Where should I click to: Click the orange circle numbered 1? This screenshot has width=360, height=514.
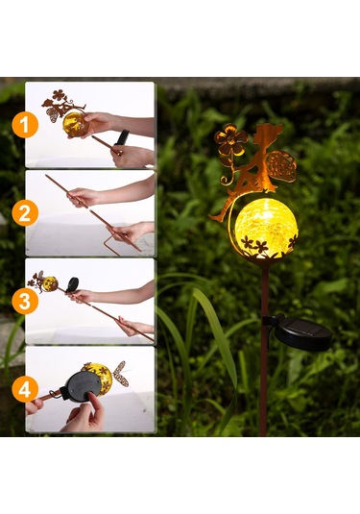[25, 125]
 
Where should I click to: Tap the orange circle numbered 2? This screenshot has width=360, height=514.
[25, 213]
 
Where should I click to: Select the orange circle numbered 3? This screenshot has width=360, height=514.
[25, 301]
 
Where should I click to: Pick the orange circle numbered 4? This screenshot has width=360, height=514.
[25, 389]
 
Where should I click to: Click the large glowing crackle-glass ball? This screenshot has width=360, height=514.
[266, 229]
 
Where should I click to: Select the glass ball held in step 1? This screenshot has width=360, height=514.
[75, 124]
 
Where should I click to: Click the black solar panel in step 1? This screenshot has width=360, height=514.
[121, 137]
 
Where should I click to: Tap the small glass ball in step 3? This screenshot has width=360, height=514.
[51, 283]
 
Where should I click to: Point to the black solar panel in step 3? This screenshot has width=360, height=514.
[72, 283]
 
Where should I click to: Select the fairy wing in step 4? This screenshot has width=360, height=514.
[121, 373]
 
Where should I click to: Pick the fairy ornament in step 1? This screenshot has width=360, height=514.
[63, 106]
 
